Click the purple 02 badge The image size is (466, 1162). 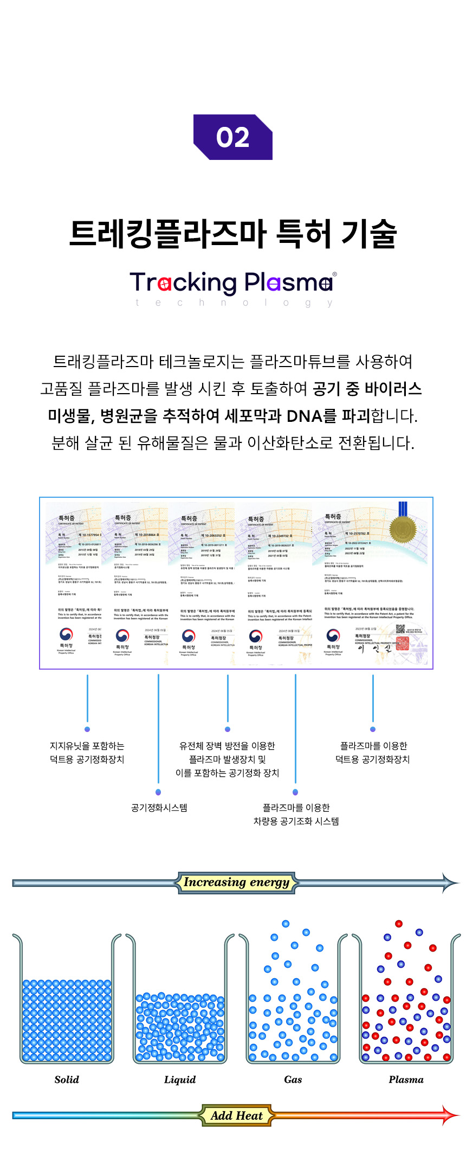(232, 137)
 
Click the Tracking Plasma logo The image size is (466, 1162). (232, 282)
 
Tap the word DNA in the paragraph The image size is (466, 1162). (304, 416)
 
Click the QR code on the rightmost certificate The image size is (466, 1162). (400, 629)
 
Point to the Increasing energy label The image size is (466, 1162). (236, 882)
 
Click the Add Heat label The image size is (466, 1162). (236, 1115)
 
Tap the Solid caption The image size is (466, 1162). (67, 1079)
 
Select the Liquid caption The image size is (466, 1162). (180, 1079)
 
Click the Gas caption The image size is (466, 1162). (293, 1079)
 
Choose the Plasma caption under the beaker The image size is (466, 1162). (406, 1079)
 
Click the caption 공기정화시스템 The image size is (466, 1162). (159, 807)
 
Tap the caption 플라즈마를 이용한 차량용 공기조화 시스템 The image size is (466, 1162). (296, 814)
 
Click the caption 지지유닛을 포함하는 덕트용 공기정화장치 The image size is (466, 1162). (87, 753)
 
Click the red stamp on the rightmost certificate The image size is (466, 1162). (402, 643)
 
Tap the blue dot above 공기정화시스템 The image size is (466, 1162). (158, 792)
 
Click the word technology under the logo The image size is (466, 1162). (234, 303)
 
